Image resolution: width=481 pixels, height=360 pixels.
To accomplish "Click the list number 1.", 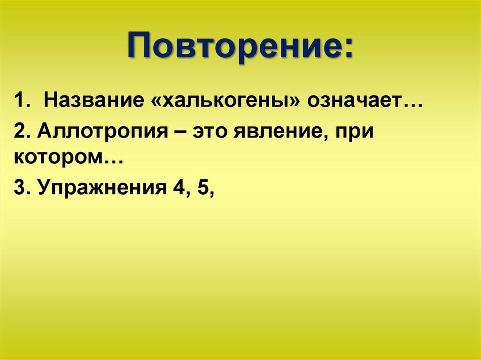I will click(19, 101).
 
